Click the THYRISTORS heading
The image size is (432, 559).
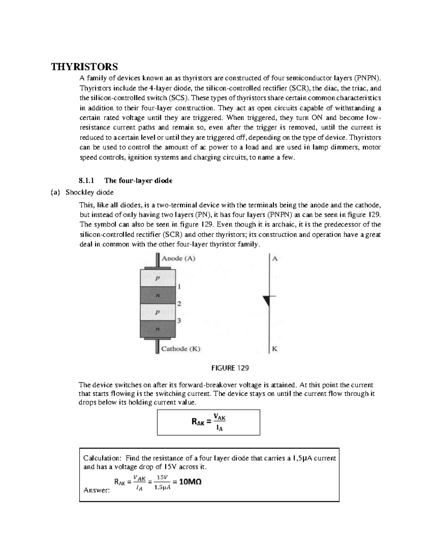[84, 67]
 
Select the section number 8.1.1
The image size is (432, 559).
[86, 181]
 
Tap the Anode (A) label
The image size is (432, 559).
[179, 258]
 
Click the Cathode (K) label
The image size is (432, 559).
[181, 349]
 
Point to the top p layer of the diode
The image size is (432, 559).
[157, 278]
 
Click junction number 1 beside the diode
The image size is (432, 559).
[179, 287]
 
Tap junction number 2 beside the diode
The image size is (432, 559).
[179, 304]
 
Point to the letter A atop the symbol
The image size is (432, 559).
[275, 258]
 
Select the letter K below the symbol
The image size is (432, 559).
[275, 349]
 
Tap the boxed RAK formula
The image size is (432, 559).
[209, 422]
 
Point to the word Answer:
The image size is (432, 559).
[96, 490]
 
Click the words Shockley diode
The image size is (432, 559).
[89, 193]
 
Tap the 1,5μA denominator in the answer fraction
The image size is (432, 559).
[162, 488]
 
